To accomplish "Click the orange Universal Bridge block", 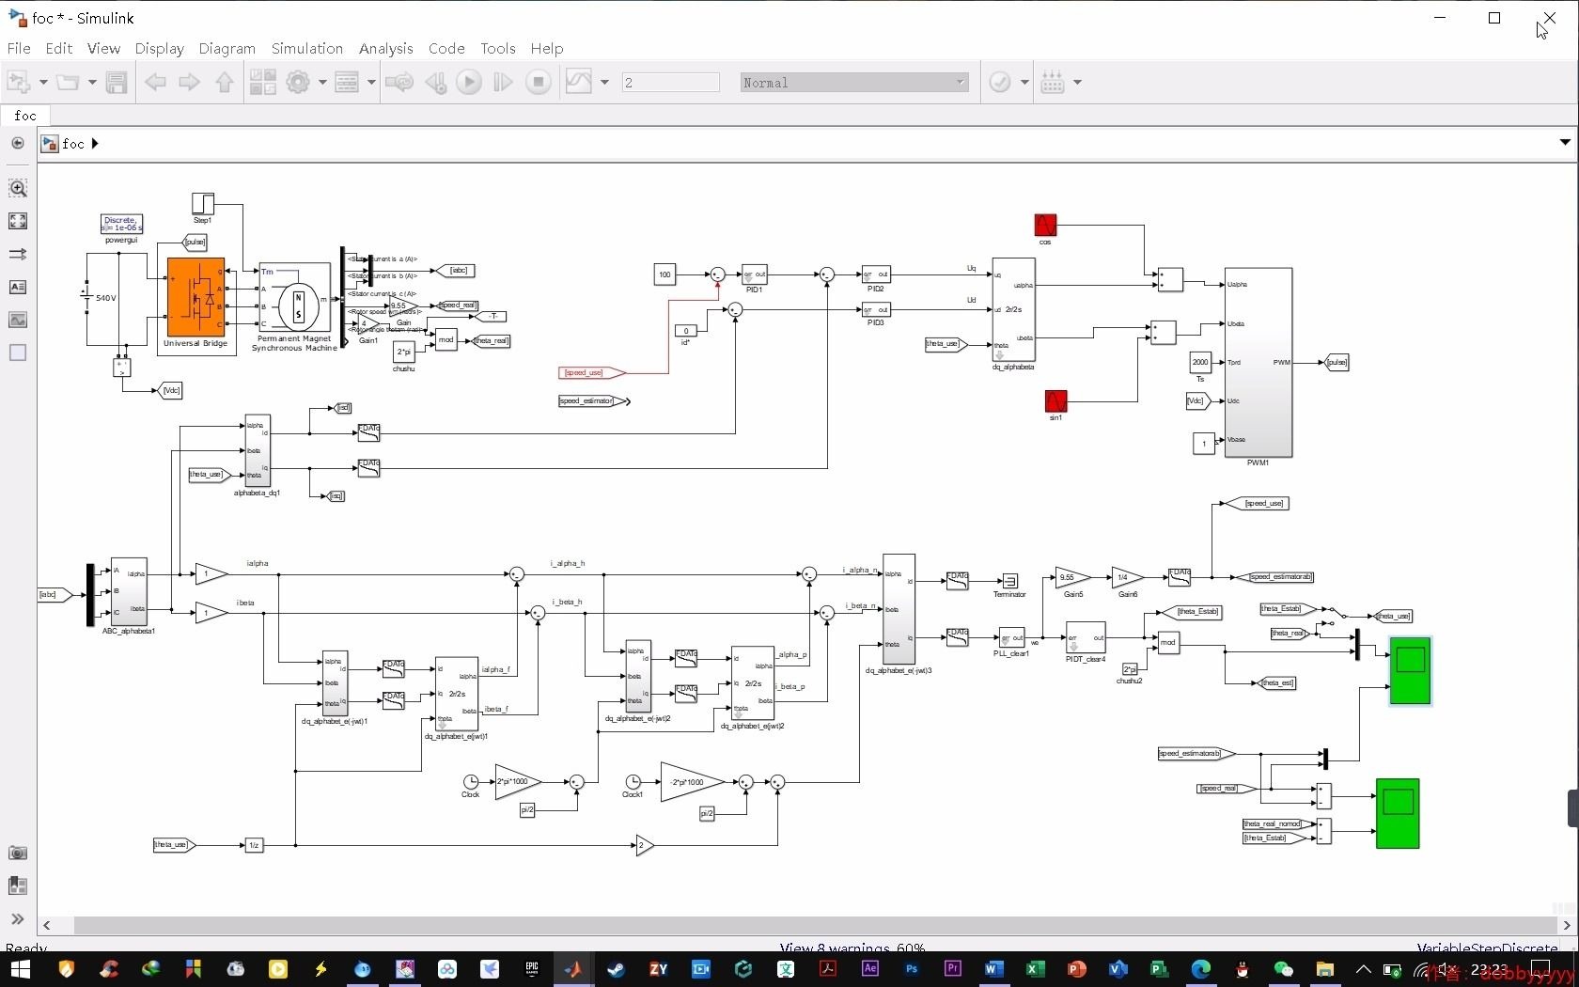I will point(195,297).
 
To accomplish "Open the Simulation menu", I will point(306,48).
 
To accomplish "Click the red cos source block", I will point(1045,225).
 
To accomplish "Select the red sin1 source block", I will point(1055,401).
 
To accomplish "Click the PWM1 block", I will point(1258,362).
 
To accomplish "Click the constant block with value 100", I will point(664,274).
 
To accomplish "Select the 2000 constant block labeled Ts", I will point(1200,362).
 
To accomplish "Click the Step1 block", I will point(203,203).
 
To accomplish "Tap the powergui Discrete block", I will point(121,224).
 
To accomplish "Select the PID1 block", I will point(754,274).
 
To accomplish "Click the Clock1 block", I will point(633,782).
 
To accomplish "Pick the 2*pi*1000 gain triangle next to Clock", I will point(516,782).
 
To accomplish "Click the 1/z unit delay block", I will point(254,845).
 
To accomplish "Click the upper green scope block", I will point(1410,670).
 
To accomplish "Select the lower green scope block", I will point(1398,813).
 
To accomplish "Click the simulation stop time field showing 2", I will point(669,83).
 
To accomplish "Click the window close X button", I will point(1548,18).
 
